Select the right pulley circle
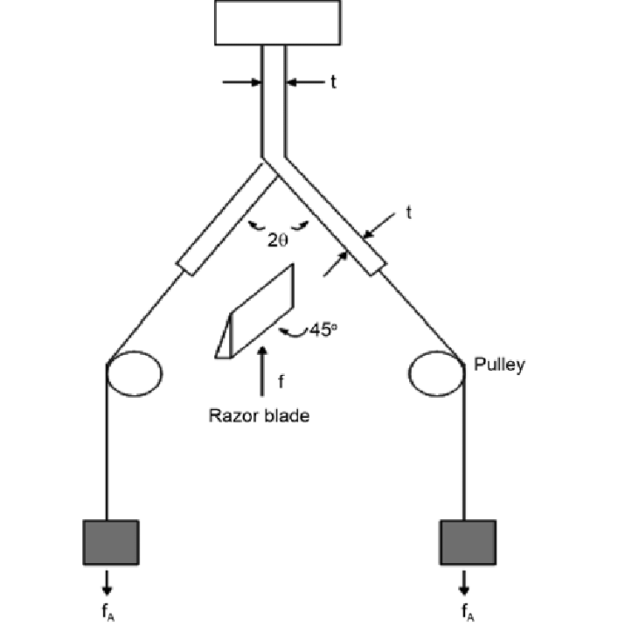(435, 374)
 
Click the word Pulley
(499, 364)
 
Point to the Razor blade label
(259, 415)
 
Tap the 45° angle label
(312, 331)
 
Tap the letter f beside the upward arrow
(281, 381)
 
